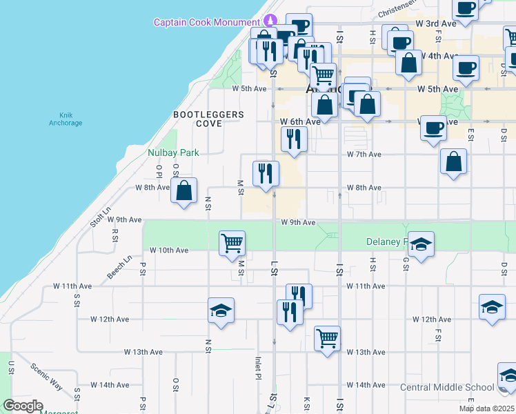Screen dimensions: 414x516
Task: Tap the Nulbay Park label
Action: (173, 152)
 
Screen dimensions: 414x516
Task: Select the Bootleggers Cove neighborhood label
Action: (199, 119)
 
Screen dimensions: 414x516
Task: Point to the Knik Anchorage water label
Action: (66, 119)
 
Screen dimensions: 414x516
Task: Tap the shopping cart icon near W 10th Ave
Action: (232, 242)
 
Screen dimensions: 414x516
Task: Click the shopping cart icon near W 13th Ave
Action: (327, 338)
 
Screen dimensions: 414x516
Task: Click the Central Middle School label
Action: (447, 387)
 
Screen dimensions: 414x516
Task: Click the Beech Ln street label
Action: (119, 268)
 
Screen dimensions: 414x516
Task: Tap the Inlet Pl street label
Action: (257, 368)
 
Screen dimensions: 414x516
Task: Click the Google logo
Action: (23, 406)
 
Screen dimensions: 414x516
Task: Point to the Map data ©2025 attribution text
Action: (486, 408)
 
